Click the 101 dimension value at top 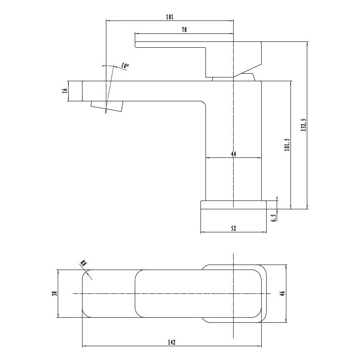[170, 17]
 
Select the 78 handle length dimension [184, 30]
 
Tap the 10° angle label [125, 66]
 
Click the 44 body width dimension [233, 154]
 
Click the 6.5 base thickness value [273, 218]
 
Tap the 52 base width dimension [233, 228]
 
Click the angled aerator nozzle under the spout [107, 106]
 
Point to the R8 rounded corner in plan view [87, 275]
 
